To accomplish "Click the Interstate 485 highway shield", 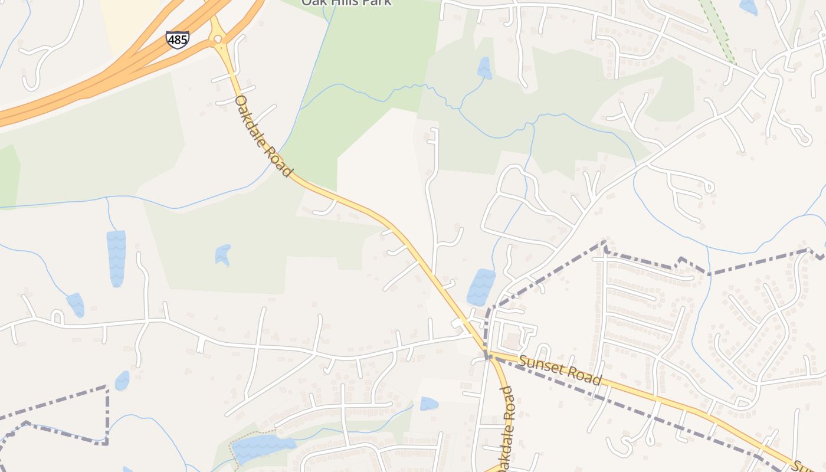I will pyautogui.click(x=178, y=40).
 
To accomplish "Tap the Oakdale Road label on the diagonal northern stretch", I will pyautogui.click(x=264, y=135).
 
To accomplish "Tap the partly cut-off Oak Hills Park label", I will pyautogui.click(x=346, y=2).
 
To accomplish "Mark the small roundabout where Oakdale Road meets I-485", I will pyautogui.click(x=218, y=39).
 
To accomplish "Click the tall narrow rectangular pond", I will pyautogui.click(x=116, y=258).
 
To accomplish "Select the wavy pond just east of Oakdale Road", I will pyautogui.click(x=481, y=287).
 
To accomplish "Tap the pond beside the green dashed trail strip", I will pyautogui.click(x=748, y=6).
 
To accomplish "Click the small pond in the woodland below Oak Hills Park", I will pyautogui.click(x=484, y=68).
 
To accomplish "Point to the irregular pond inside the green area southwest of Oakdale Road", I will pyautogui.click(x=222, y=255).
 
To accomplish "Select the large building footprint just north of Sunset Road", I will pyautogui.click(x=513, y=340).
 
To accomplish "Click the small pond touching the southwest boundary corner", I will pyautogui.click(x=122, y=381).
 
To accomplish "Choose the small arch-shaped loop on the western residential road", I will pyautogui.click(x=57, y=317).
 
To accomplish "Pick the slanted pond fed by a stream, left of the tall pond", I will pyautogui.click(x=76, y=304).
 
